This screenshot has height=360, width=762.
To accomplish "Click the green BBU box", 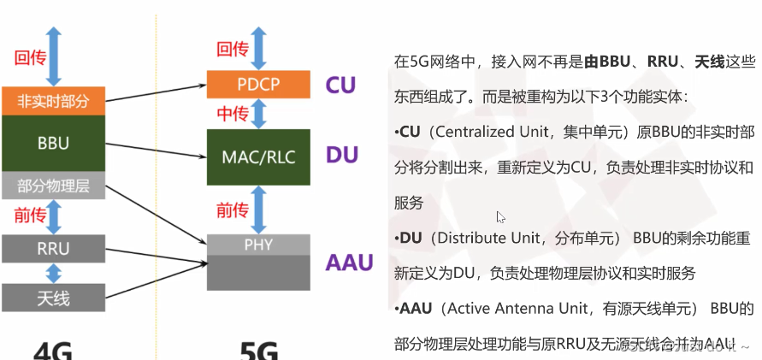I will coord(53,144).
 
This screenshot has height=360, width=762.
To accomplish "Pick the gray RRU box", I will coord(53,248).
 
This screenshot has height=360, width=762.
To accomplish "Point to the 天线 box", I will coord(53,298).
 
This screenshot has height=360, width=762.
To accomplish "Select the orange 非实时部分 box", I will coord(53,101).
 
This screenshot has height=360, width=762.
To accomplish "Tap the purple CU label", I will coord(340,86).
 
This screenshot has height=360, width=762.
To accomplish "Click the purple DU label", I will coord(341,156).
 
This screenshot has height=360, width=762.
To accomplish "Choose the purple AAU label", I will coord(350,262).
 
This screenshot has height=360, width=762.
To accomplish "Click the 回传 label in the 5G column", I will coord(232,50).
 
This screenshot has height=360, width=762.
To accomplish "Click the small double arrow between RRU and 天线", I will coord(54,273).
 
